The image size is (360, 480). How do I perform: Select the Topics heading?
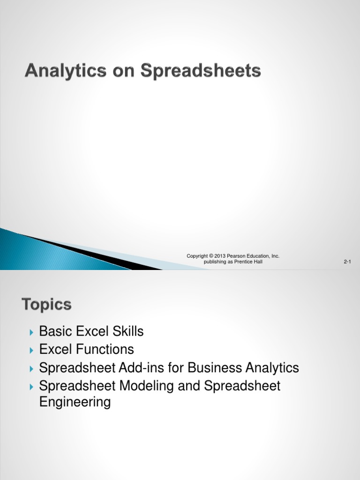(x=46, y=305)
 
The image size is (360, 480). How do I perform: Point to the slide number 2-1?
(x=347, y=262)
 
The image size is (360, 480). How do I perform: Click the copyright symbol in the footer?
(x=211, y=256)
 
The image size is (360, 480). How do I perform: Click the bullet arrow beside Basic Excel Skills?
(x=31, y=332)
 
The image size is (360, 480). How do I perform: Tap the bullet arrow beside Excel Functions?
(x=31, y=350)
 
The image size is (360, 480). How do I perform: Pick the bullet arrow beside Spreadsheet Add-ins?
(x=31, y=368)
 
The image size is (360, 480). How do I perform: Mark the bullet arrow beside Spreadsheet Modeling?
(x=31, y=387)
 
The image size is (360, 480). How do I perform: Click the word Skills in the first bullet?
(x=127, y=332)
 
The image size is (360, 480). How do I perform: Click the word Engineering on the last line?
(x=75, y=403)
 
